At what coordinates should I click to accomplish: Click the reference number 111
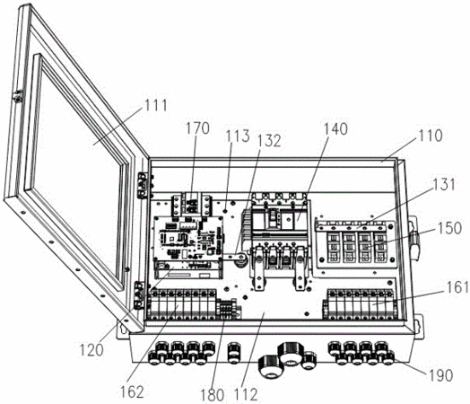click(x=156, y=105)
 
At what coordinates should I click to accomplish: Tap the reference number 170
click(x=197, y=128)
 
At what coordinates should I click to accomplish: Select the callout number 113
click(x=238, y=136)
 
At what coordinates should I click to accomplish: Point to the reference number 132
click(x=269, y=140)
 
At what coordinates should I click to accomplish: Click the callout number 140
click(x=335, y=128)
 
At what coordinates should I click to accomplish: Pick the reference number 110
click(x=431, y=136)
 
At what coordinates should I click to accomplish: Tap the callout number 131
click(x=444, y=184)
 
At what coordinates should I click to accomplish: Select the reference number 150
click(x=450, y=228)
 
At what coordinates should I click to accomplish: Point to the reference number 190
click(x=440, y=375)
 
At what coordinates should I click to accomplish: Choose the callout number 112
click(x=246, y=394)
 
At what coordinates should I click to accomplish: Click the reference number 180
click(x=213, y=395)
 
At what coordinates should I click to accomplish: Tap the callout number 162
click(x=132, y=391)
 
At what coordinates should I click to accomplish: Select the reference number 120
click(x=91, y=350)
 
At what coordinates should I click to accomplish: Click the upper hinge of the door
click(x=143, y=185)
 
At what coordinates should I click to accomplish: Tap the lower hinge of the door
click(x=140, y=295)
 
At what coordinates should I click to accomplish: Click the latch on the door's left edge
click(x=17, y=96)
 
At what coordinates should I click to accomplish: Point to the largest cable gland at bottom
click(x=290, y=355)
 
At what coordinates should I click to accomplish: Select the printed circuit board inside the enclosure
click(x=188, y=239)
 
